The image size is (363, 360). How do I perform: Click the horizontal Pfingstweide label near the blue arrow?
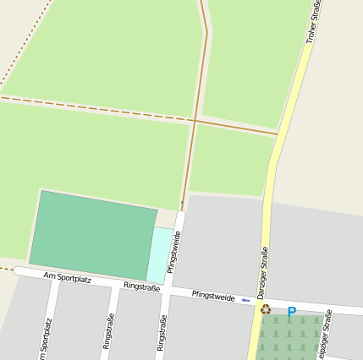tap(213, 297)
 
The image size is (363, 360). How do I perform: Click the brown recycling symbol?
tap(266, 310)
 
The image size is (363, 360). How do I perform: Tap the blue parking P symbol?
tap(292, 313)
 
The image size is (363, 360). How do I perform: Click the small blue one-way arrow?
tap(245, 300)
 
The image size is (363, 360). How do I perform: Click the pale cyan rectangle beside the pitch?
tap(160, 254)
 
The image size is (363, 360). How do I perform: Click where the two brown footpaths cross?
tap(194, 120)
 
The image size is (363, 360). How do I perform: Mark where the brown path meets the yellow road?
tap(277, 134)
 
